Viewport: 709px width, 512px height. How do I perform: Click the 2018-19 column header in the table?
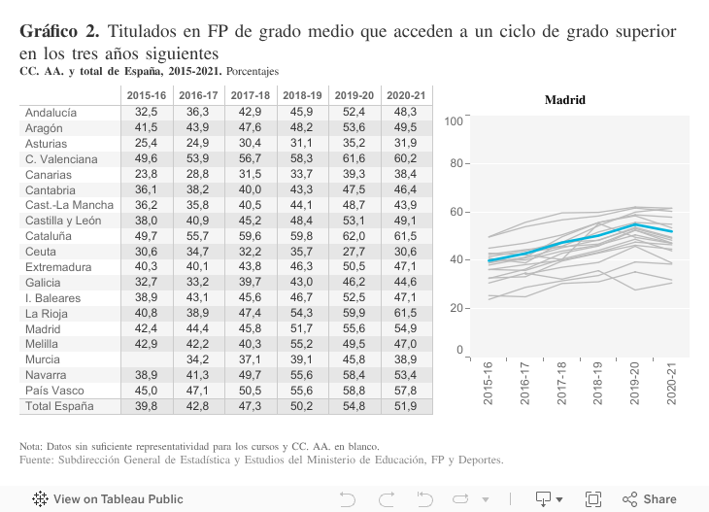point(301,96)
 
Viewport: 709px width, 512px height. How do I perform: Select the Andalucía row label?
point(51,113)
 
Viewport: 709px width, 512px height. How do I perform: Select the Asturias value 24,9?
point(197,143)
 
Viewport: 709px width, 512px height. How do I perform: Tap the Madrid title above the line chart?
point(564,100)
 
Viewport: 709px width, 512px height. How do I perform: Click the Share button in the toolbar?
point(650,499)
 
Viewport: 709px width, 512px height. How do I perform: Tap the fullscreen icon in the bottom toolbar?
point(593,499)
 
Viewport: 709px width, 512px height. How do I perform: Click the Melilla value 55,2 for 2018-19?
point(301,343)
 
